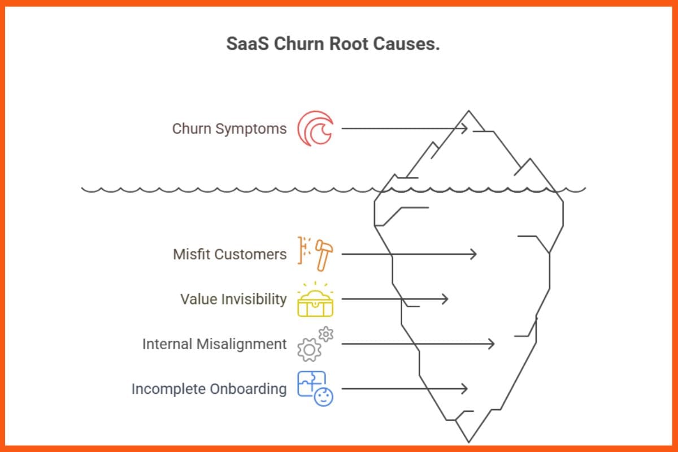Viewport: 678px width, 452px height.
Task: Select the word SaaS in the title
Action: point(248,44)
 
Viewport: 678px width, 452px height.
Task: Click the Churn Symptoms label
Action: point(229,129)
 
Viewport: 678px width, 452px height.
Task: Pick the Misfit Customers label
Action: point(229,254)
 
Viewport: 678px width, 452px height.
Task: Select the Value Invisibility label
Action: point(233,299)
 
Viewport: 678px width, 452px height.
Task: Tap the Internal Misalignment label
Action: point(214,344)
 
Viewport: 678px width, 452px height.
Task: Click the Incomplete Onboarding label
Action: point(209,389)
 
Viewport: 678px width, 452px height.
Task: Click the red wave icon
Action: point(315,129)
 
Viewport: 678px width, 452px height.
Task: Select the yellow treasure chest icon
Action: point(315,302)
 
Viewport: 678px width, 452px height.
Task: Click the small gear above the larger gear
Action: point(326,334)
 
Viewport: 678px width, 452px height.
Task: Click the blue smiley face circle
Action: point(324,397)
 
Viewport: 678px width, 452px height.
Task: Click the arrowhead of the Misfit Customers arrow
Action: point(474,254)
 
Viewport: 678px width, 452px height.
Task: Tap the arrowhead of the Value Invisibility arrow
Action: point(446,299)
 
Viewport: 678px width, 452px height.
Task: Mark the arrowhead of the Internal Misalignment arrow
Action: point(492,344)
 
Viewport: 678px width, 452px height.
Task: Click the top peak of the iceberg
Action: point(468,111)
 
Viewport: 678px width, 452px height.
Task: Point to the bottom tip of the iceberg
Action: point(468,442)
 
